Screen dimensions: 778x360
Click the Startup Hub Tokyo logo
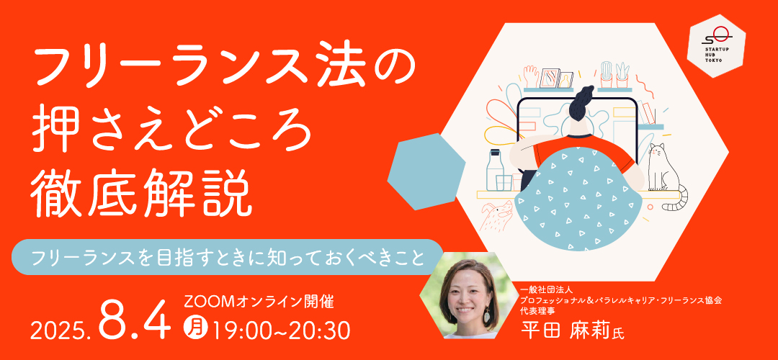(716, 45)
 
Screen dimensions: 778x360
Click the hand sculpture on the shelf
(530, 77)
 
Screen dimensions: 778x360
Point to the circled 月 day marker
(195, 328)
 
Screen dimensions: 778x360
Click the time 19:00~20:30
(280, 329)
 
